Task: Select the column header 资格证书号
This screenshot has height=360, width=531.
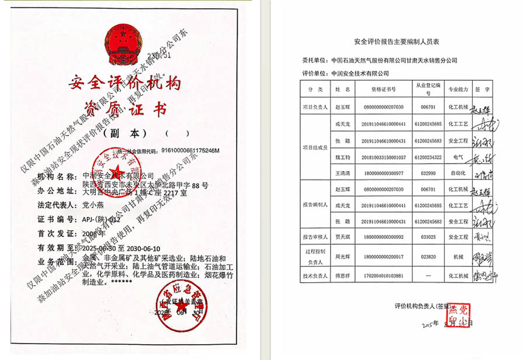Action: (x=383, y=89)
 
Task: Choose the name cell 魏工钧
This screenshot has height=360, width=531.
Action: (x=341, y=157)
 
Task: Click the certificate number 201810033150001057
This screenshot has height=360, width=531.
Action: (x=383, y=157)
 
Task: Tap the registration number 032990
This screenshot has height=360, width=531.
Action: (x=428, y=174)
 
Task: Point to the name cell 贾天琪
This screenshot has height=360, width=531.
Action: (x=341, y=237)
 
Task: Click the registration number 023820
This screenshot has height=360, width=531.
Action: (x=428, y=257)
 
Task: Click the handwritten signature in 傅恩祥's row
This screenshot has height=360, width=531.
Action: (x=483, y=275)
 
